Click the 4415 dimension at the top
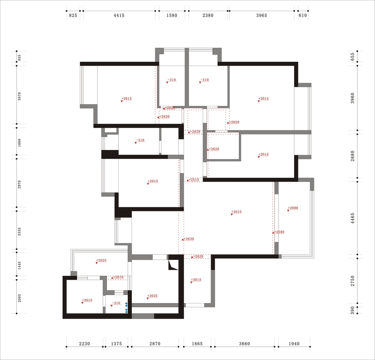pyautogui.click(x=119, y=16)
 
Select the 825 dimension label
pyautogui.click(x=73, y=16)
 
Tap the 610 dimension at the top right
pyautogui.click(x=302, y=16)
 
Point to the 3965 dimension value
pyautogui.click(x=261, y=16)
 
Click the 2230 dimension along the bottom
pyautogui.click(x=84, y=344)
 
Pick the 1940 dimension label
pyautogui.click(x=294, y=344)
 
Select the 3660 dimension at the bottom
pyautogui.click(x=244, y=344)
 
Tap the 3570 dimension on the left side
pyautogui.click(x=19, y=96)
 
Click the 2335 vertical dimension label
pyautogui.click(x=19, y=232)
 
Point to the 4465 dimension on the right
pyautogui.click(x=352, y=218)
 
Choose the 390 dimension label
pyautogui.click(x=352, y=310)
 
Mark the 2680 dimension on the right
pyautogui.click(x=352, y=156)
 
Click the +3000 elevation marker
pyautogui.click(x=292, y=208)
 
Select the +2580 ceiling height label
pyautogui.click(x=278, y=232)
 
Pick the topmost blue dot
pyautogui.click(x=126, y=303)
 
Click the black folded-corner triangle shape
pyautogui.click(x=173, y=265)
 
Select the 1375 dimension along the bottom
pyautogui.click(x=116, y=344)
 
